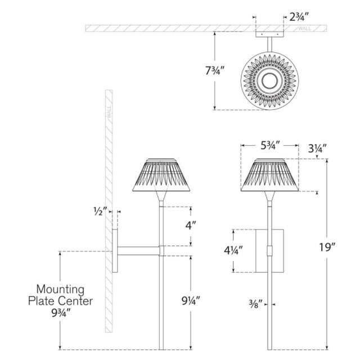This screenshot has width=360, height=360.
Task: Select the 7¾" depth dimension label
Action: (215, 70)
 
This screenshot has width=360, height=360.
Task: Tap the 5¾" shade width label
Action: (270, 145)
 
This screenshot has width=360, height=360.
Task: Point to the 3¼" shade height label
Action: (317, 148)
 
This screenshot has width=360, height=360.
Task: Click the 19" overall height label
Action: (327, 247)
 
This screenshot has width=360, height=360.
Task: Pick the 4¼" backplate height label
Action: (233, 250)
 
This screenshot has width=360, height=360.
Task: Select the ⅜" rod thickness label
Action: (255, 304)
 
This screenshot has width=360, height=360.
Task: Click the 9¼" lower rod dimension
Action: (191, 300)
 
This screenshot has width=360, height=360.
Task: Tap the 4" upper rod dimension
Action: (191, 226)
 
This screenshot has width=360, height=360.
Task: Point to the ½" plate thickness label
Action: (100, 211)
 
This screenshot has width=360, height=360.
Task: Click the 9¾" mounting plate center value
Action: (60, 313)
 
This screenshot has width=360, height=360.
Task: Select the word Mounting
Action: (60, 290)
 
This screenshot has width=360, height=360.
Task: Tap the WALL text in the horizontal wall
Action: (305, 29)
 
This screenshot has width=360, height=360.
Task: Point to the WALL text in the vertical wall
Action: (109, 112)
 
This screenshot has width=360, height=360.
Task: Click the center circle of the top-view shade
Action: (270, 81)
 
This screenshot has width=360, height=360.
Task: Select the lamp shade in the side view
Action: (161, 175)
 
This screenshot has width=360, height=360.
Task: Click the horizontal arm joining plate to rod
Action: (138, 251)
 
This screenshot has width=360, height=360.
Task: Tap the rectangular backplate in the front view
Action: (270, 251)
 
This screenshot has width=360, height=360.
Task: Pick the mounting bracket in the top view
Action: (270, 34)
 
